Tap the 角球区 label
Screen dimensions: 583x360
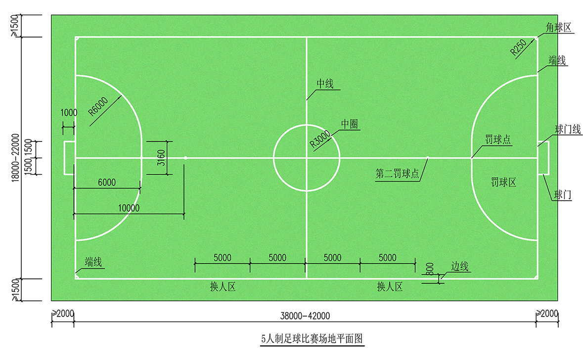[x=558, y=27]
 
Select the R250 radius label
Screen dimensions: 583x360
[x=518, y=47]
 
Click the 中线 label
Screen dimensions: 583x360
[x=325, y=84]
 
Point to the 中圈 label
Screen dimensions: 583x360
[x=350, y=124]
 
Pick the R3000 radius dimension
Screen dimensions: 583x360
[x=320, y=139]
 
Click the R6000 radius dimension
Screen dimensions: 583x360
[x=98, y=106]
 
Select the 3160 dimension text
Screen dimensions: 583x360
[x=161, y=158]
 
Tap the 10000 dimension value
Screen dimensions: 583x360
[x=129, y=208]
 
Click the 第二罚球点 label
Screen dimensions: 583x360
[x=397, y=173]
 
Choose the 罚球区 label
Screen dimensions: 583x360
[x=503, y=182]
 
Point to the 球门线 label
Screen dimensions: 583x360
[x=568, y=130]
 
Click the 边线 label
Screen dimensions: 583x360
[x=459, y=266]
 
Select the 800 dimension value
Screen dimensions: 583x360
[x=429, y=269]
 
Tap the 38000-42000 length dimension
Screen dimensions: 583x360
[x=305, y=316]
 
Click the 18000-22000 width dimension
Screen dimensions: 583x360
[x=15, y=158]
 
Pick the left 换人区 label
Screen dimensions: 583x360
[x=223, y=287]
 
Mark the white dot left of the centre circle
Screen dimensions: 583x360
[x=185, y=158]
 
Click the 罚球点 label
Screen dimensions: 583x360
[x=498, y=139]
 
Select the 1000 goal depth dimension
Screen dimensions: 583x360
[x=69, y=113]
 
